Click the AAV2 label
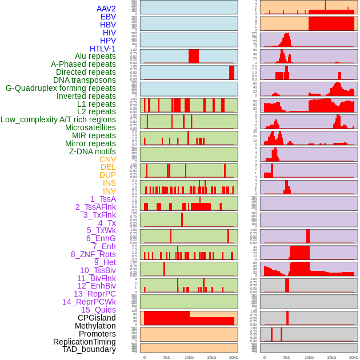[x=106, y=9]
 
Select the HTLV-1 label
[x=103, y=49]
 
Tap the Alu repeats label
[x=95, y=56]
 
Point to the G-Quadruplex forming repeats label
[x=61, y=88]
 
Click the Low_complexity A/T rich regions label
[x=58, y=119]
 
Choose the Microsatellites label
[x=90, y=127]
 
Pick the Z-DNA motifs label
[x=93, y=151]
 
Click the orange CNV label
[x=107, y=159]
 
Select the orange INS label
[x=109, y=183]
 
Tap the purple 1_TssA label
[x=103, y=199]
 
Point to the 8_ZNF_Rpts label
[x=93, y=254]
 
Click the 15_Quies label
[x=98, y=310]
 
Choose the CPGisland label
[x=97, y=318]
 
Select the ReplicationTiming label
[x=85, y=342]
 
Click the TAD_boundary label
[x=89, y=349]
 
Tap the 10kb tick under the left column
[x=189, y=357]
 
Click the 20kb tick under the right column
[x=354, y=357]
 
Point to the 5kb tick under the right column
[x=287, y=357]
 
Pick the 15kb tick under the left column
[x=211, y=357]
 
